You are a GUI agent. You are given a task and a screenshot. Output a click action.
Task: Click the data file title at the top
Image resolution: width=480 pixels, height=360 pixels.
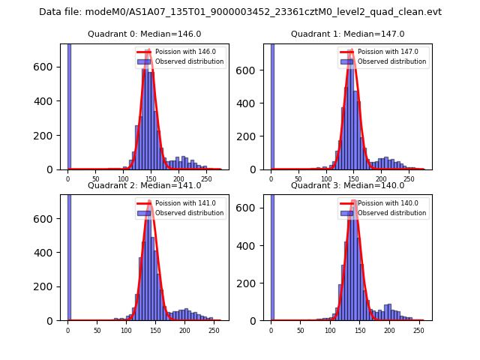[240, 12]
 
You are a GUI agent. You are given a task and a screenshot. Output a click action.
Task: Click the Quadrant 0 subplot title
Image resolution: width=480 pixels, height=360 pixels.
[145, 34]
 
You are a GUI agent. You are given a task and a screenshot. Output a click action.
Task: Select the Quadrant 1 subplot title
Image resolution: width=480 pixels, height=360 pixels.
[347, 34]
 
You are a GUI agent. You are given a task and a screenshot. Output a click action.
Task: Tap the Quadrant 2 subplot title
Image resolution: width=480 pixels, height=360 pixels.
[145, 185]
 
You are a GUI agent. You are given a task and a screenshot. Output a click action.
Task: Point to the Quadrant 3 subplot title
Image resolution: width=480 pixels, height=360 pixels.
[347, 185]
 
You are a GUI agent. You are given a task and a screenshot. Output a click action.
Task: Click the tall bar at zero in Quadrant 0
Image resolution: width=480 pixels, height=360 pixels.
[68, 105]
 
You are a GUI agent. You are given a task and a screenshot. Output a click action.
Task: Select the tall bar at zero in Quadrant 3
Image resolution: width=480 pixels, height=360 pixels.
[271, 255]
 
